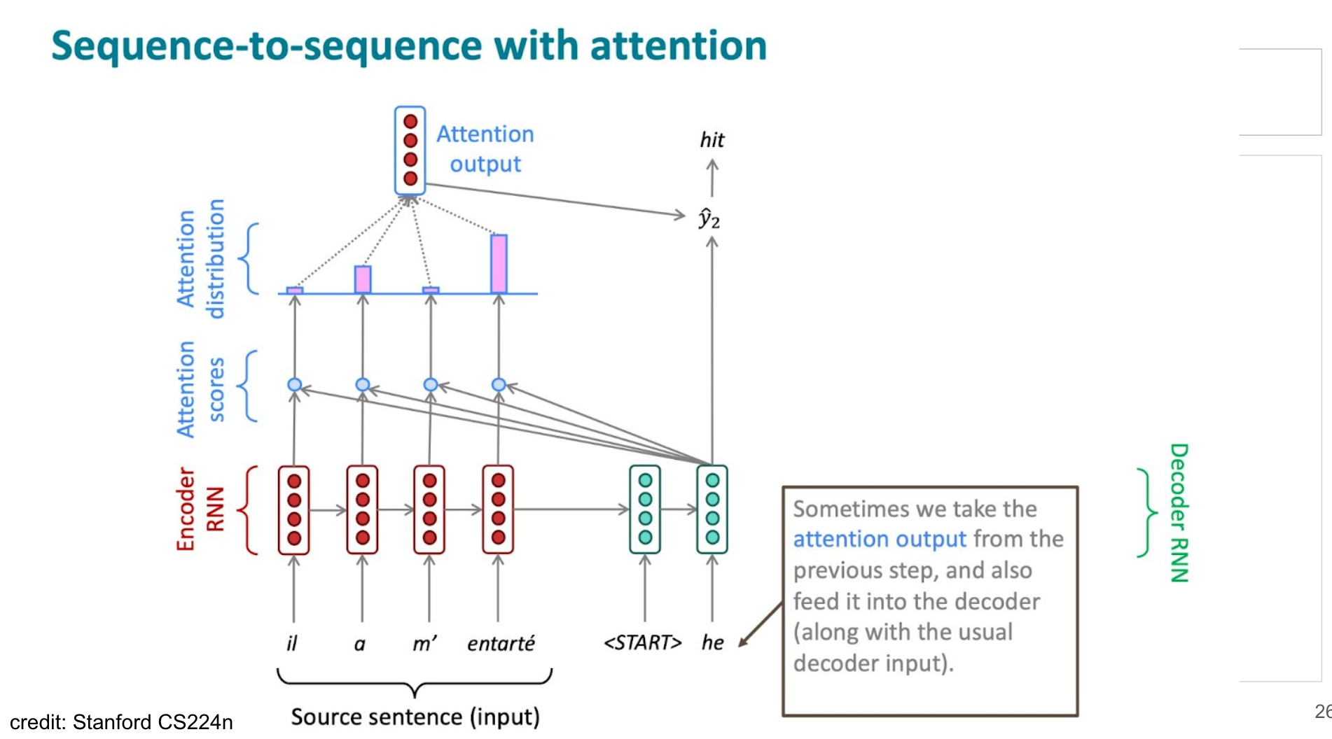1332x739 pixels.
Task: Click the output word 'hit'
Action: pyautogui.click(x=712, y=140)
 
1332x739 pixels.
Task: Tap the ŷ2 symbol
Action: pyautogui.click(x=709, y=219)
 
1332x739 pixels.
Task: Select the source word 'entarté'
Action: pyautogui.click(x=501, y=642)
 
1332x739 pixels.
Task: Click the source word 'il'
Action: pyautogui.click(x=292, y=642)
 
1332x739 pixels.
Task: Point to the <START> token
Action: pyautogui.click(x=642, y=642)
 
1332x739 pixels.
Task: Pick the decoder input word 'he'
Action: pyautogui.click(x=712, y=642)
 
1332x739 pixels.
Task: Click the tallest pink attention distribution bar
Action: pyautogui.click(x=499, y=264)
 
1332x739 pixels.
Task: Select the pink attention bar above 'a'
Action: pyautogui.click(x=363, y=279)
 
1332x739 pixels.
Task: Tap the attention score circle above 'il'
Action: pyautogui.click(x=295, y=385)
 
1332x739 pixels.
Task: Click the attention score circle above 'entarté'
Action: pyautogui.click(x=499, y=385)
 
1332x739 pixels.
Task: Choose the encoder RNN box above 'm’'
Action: pyautogui.click(x=429, y=509)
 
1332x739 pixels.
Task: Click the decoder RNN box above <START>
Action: pyautogui.click(x=645, y=509)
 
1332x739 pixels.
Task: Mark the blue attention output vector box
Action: pyautogui.click(x=410, y=150)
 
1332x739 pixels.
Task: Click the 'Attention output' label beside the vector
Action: pyautogui.click(x=485, y=148)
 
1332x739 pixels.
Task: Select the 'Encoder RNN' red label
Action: pyautogui.click(x=199, y=509)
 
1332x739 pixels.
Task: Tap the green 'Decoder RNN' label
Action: pyautogui.click(x=1179, y=513)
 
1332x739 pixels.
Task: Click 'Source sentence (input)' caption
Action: pyautogui.click(x=415, y=717)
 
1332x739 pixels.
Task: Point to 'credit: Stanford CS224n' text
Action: pyautogui.click(x=121, y=722)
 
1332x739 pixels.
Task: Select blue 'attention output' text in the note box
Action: pyautogui.click(x=879, y=539)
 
